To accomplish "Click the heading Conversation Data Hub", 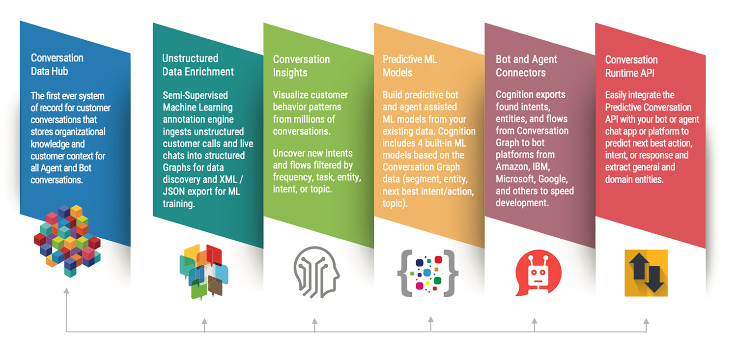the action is (57, 64).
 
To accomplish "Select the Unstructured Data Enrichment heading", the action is (198, 65).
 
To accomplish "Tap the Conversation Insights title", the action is (301, 66).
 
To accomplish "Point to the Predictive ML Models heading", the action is (410, 66).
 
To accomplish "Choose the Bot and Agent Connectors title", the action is (526, 66).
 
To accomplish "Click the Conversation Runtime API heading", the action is (631, 66).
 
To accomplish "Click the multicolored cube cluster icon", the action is (67, 241).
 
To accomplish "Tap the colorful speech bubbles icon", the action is (204, 272).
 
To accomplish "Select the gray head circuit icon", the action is (316, 272).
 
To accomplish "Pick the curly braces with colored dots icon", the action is (428, 273).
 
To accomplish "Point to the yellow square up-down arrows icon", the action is (646, 273).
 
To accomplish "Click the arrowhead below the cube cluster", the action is (66, 291).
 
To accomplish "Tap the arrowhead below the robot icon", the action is (535, 321).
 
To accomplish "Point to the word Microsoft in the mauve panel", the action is (515, 179).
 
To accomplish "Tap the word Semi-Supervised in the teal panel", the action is (195, 95).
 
